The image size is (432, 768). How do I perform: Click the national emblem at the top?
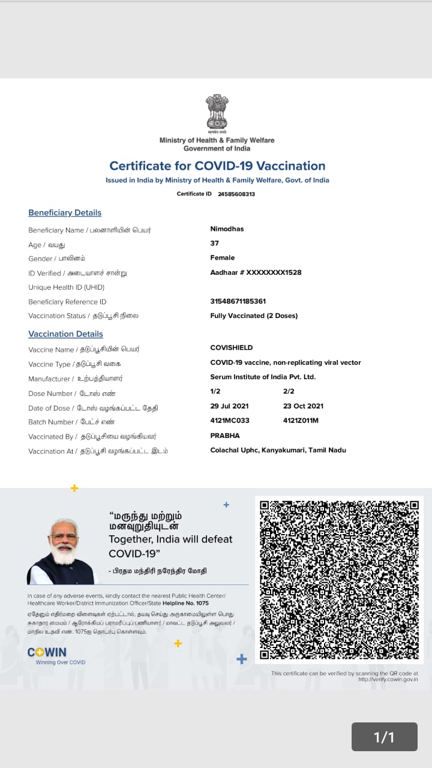point(217,113)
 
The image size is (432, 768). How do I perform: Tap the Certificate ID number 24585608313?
point(236,194)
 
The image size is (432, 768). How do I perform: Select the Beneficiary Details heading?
point(65,212)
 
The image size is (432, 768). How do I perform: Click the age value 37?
point(214,243)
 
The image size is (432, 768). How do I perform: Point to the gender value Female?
point(222,257)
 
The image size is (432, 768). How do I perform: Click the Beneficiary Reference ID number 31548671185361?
point(238,301)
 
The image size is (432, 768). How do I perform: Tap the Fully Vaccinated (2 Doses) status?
point(254,316)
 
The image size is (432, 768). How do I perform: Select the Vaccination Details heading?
point(65,334)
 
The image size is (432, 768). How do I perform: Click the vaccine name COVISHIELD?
point(231,347)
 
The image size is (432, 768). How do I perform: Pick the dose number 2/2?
point(289,391)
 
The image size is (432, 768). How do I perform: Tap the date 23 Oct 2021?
point(303,406)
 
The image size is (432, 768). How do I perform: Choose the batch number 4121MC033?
point(230,421)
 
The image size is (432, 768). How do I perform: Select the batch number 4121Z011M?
point(301,421)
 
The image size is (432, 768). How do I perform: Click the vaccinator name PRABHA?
point(224,435)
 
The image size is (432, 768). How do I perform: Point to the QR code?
point(339,580)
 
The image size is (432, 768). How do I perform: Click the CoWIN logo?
point(47,652)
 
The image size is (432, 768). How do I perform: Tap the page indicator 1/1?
point(384,737)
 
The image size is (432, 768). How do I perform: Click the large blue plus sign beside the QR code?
point(242,659)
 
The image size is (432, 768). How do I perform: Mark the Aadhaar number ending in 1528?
point(256,272)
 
